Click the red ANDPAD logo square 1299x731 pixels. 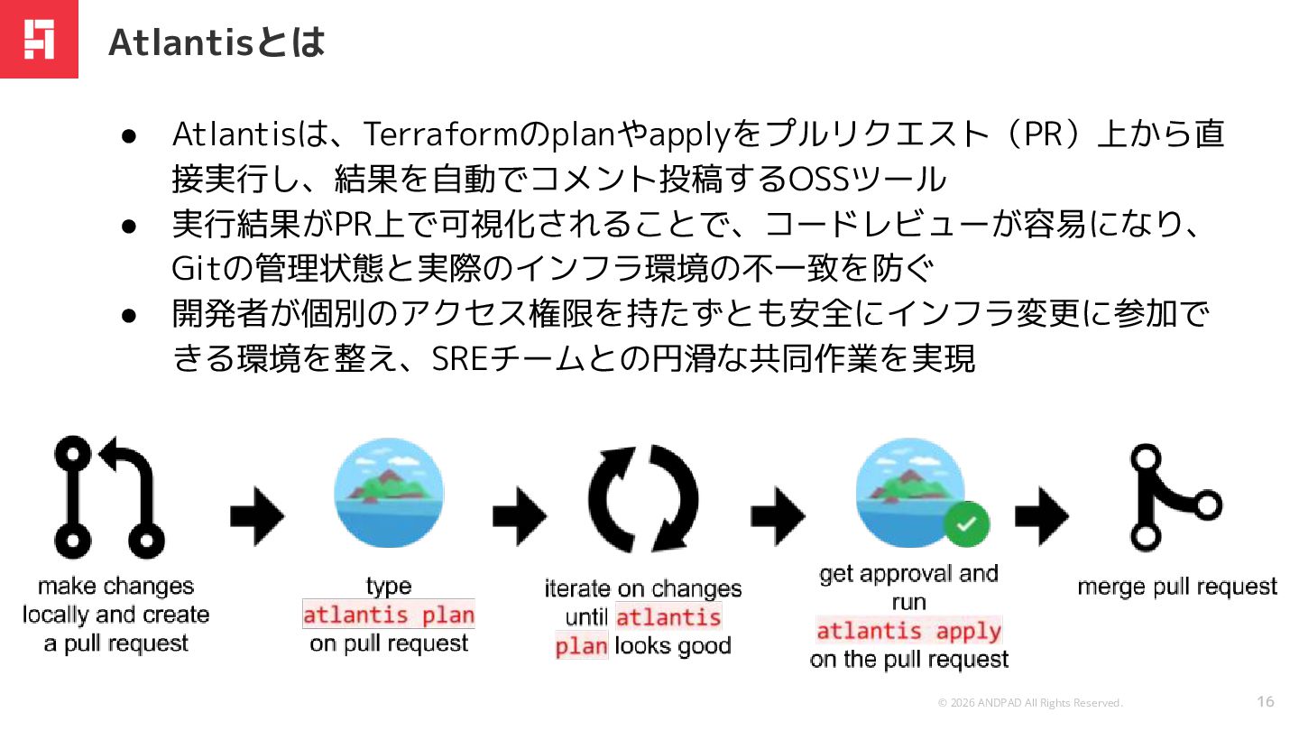pos(39,39)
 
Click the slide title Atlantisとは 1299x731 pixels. pos(216,42)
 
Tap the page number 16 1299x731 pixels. pos(1266,701)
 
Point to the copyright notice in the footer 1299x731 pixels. pos(1030,703)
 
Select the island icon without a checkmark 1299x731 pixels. pos(389,493)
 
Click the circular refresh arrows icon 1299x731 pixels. pos(643,497)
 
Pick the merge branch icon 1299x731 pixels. pos(1171,497)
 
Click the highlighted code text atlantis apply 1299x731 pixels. pos(909,630)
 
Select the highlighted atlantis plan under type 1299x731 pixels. pos(389,615)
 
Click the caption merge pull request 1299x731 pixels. pos(1177,587)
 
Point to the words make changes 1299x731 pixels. pos(115,586)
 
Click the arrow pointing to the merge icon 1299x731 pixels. pos(1042,517)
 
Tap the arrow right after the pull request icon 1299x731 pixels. pos(257,517)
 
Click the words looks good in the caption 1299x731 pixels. pos(673,646)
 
